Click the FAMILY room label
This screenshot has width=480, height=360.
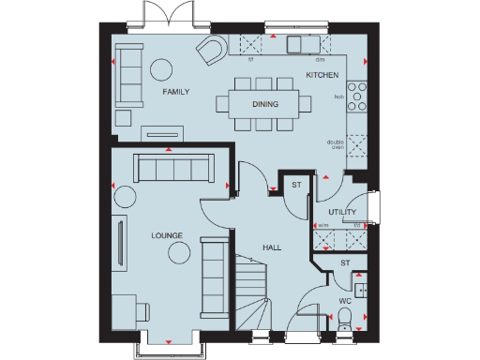point(175,93)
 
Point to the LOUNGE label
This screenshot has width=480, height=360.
point(167,235)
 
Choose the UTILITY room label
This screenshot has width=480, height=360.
point(342,213)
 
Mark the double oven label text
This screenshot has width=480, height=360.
point(336,145)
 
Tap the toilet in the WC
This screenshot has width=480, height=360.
point(346,322)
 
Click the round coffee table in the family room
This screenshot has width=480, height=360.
point(163,68)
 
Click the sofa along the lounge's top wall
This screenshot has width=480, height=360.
point(172,169)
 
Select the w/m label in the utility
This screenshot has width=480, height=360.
point(322,225)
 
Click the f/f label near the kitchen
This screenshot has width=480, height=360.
point(250,58)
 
